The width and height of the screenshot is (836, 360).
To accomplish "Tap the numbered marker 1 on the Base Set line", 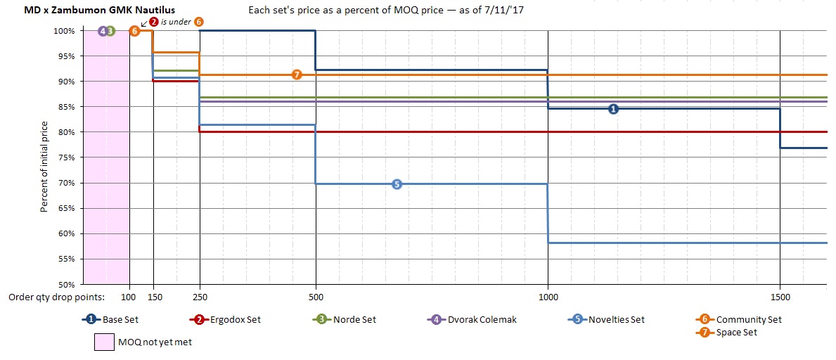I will [613, 109].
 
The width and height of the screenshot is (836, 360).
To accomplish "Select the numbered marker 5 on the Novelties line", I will [397, 184].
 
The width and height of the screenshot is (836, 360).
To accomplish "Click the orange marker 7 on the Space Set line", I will [297, 75].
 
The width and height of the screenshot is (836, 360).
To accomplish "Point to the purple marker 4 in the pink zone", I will [102, 31].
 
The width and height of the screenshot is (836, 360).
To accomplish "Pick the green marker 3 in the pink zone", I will [110, 31].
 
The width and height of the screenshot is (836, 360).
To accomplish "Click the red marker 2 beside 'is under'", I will [154, 22].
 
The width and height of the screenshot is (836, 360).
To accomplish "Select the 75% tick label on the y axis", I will [67, 157].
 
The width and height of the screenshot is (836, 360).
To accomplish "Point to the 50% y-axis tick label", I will [67, 285].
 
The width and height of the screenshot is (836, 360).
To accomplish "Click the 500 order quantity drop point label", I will [316, 297].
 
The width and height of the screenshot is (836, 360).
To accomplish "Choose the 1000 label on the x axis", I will [548, 297].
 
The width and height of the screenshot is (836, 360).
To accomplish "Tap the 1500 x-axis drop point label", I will [780, 297].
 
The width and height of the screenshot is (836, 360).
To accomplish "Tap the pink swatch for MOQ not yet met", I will [104, 342].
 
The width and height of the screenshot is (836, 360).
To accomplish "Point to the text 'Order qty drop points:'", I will [56, 297].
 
